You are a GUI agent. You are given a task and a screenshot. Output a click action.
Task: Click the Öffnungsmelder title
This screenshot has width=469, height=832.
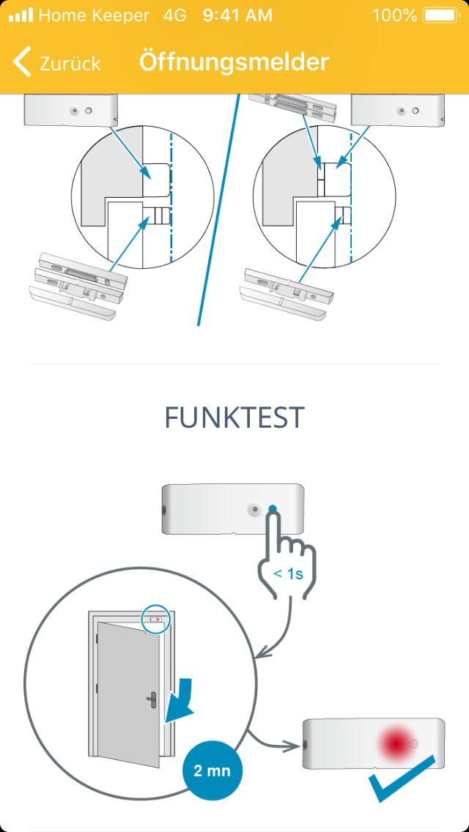234,62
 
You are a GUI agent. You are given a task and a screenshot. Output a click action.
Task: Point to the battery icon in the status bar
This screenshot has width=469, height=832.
440,15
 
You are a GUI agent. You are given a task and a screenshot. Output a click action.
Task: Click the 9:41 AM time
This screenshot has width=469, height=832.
237,15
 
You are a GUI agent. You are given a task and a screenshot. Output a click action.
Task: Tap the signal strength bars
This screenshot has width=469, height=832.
21,15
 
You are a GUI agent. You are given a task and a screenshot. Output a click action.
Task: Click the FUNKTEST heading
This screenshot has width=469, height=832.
234,417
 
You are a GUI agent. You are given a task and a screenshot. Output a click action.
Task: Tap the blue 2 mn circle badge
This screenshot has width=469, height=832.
213,770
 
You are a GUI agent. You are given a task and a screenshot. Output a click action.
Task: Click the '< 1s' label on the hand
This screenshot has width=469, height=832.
288,573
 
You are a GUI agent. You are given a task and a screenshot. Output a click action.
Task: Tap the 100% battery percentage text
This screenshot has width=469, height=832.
395,15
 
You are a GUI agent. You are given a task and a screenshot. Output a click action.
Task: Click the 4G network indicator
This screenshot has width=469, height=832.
174,15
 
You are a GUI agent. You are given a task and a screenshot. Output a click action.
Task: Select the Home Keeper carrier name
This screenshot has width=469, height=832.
94,15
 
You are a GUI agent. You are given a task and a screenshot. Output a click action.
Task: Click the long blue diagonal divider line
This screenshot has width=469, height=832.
218,209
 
